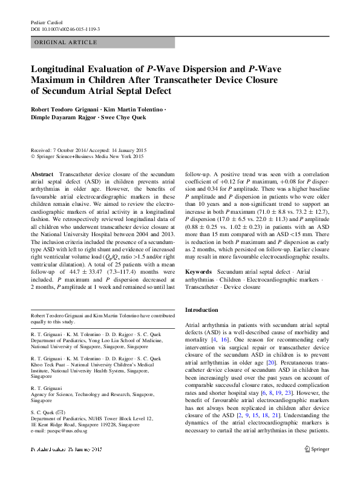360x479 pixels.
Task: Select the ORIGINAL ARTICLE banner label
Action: click(66, 42)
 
